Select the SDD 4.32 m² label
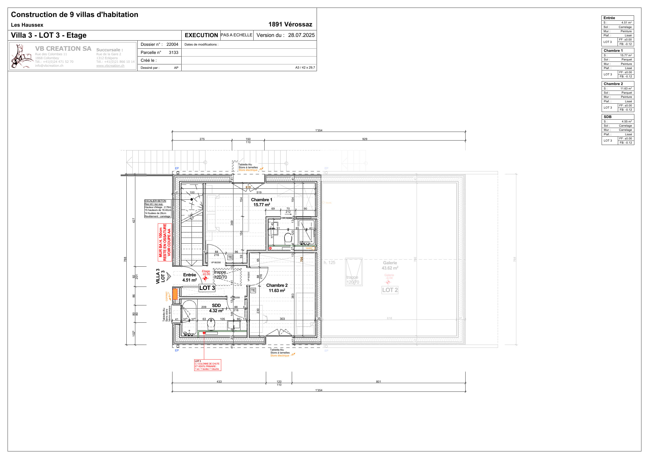216,308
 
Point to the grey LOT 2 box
390,290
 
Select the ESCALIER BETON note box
158,209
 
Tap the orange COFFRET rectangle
175,294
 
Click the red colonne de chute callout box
208,365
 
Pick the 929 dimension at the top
365,139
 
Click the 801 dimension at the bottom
378,382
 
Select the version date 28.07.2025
301,35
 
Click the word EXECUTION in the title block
201,35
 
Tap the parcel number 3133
173,53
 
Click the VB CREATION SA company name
63,49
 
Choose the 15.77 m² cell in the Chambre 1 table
626,55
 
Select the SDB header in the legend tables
607,117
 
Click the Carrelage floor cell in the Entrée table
625,27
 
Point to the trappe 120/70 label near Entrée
221,275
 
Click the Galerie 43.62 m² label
390,265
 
